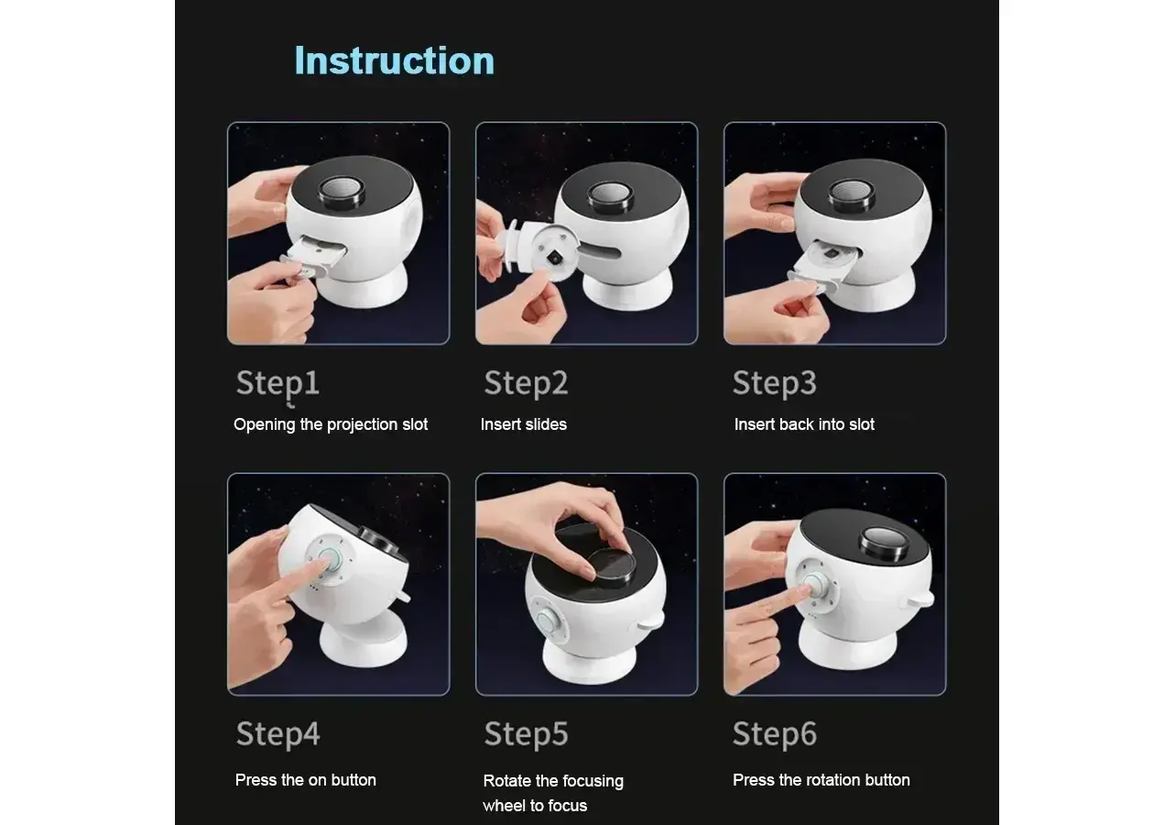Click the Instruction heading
point(395,60)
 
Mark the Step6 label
point(775,734)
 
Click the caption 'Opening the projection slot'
point(331,424)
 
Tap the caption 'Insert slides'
point(524,424)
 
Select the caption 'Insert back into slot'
point(804,424)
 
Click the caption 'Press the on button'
point(305,780)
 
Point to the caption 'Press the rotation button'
point(821,780)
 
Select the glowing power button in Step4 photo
point(330,561)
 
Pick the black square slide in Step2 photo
point(553,258)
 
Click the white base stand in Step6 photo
point(847,646)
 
